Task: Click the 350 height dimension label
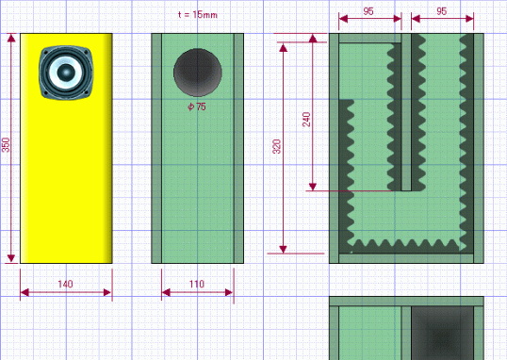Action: point(7,144)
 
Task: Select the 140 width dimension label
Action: point(65,284)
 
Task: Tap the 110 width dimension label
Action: point(197,284)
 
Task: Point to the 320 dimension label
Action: point(277,146)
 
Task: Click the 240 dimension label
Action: point(306,119)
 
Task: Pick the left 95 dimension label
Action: point(368,11)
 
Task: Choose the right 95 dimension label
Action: point(441,11)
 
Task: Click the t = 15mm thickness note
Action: point(198,14)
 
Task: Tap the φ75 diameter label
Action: point(197,106)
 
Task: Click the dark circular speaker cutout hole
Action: point(198,73)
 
